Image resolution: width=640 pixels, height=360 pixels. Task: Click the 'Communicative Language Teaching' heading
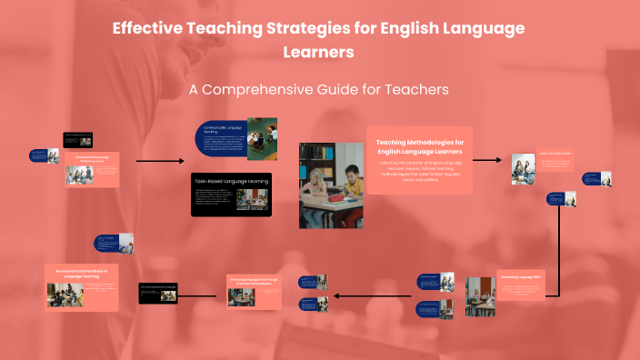coord(221,128)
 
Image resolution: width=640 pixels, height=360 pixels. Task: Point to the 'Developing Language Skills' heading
coord(521,275)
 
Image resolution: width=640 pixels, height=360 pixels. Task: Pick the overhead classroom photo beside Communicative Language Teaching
coord(262,133)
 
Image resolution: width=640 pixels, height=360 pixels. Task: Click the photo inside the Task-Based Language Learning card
coord(249,199)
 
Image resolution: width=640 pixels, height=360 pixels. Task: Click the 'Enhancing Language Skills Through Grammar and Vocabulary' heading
coord(253,281)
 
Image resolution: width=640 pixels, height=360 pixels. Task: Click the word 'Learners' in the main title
coord(319,53)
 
